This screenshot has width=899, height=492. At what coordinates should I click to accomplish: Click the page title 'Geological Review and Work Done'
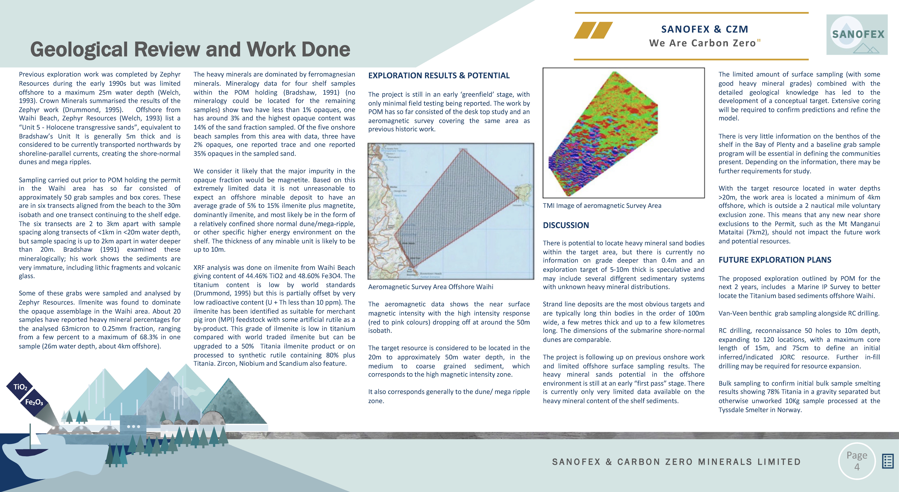click(x=190, y=49)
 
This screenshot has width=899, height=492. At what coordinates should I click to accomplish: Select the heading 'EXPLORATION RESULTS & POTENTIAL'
click(x=439, y=75)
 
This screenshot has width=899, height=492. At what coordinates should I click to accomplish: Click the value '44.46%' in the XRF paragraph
click(x=257, y=276)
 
